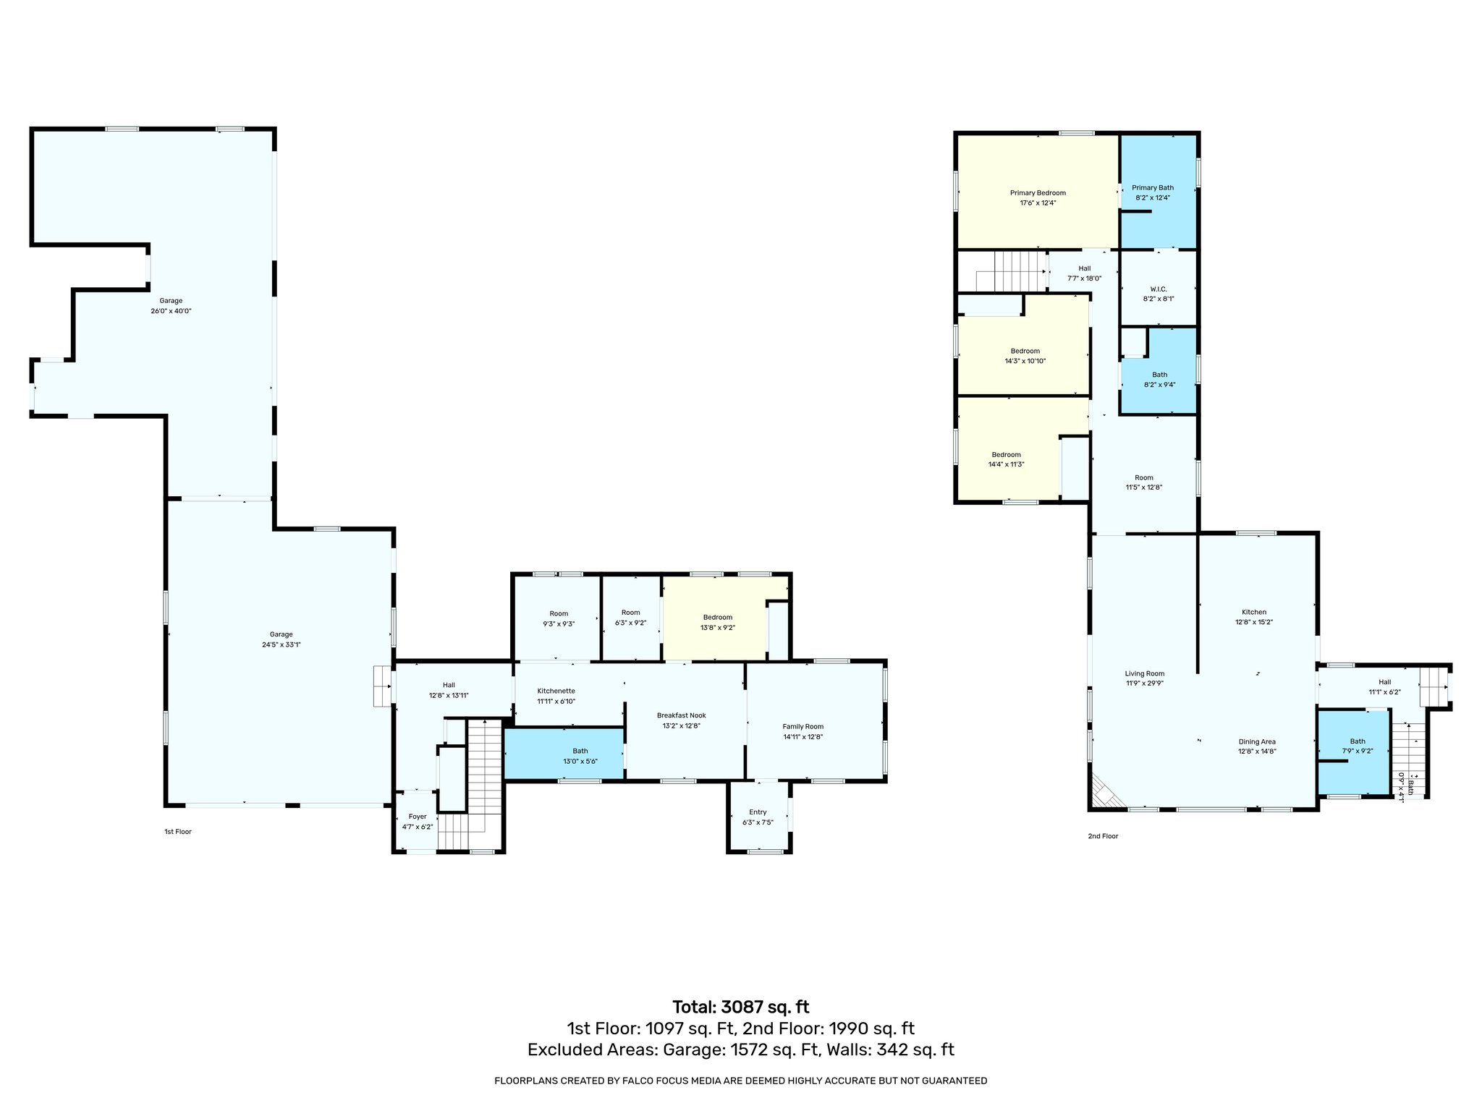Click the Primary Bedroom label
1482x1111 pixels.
pyautogui.click(x=1038, y=193)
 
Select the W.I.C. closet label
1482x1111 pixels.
pyautogui.click(x=1158, y=289)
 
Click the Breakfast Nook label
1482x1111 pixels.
pyautogui.click(x=681, y=715)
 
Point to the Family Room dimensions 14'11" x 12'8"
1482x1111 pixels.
pyautogui.click(x=803, y=737)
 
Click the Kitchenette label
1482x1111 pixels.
pyautogui.click(x=556, y=691)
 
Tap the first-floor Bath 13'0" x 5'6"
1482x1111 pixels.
pyautogui.click(x=580, y=756)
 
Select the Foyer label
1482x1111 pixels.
pyautogui.click(x=418, y=817)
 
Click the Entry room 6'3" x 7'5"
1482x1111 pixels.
pyautogui.click(x=758, y=817)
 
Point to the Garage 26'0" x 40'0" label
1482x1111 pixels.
pyautogui.click(x=171, y=301)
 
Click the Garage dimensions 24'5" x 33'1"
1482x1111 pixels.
pyautogui.click(x=281, y=644)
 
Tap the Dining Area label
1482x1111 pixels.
pyautogui.click(x=1257, y=741)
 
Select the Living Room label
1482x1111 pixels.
pyautogui.click(x=1145, y=673)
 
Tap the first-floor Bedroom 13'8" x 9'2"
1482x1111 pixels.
pyautogui.click(x=717, y=622)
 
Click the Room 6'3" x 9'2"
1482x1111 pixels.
pyautogui.click(x=630, y=617)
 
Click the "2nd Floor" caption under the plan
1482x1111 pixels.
pyautogui.click(x=1103, y=836)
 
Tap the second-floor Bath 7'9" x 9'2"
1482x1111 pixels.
pyautogui.click(x=1357, y=746)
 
